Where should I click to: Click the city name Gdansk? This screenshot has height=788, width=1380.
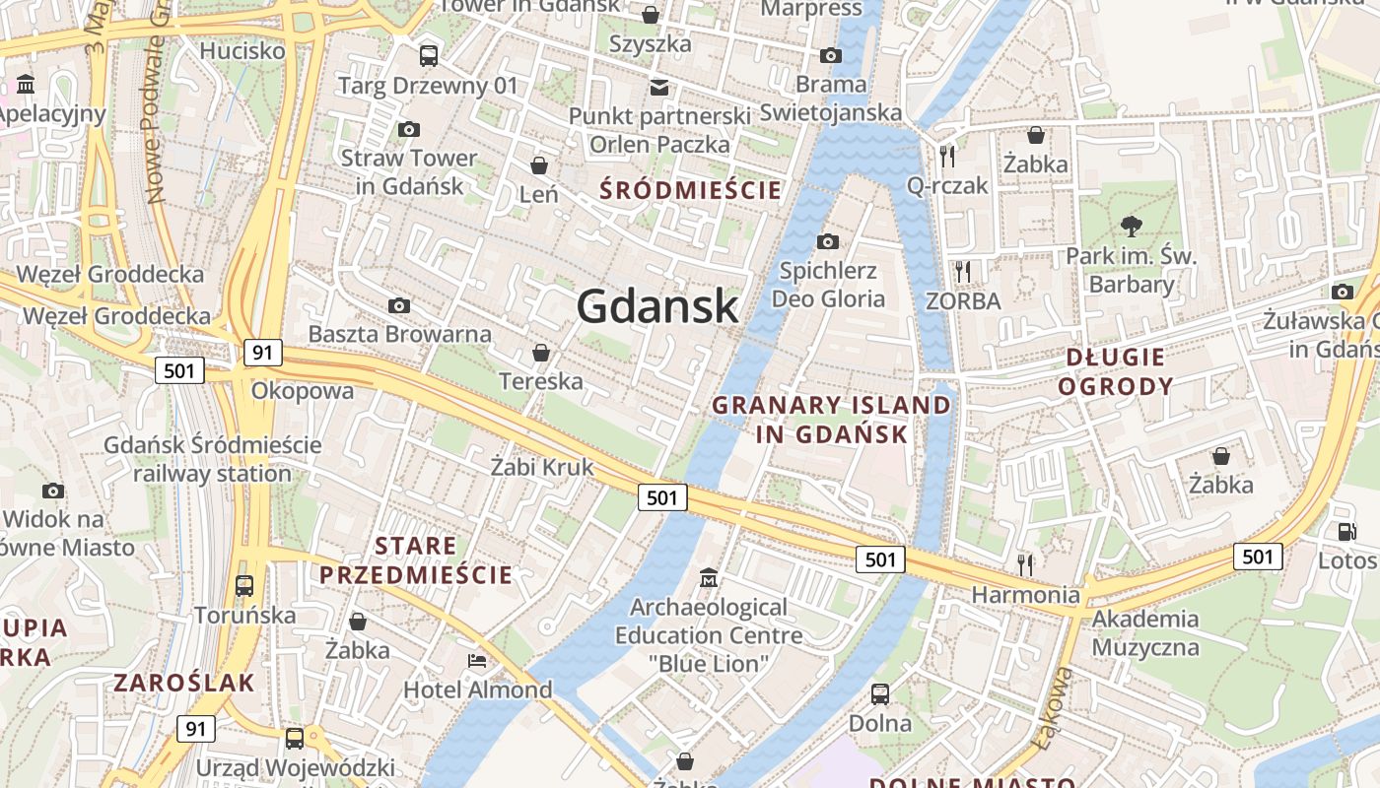(x=657, y=306)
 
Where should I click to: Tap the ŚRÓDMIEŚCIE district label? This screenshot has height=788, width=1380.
(x=690, y=190)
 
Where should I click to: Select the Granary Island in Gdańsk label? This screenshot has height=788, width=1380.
(x=832, y=420)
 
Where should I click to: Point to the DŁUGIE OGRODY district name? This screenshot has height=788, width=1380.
(x=1116, y=371)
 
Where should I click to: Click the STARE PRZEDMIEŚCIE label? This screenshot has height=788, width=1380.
(x=416, y=560)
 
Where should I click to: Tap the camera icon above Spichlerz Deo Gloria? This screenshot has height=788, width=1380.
(x=828, y=241)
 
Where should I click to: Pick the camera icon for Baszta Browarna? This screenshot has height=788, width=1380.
(x=399, y=305)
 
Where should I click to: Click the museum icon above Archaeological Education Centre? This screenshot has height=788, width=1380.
(x=709, y=576)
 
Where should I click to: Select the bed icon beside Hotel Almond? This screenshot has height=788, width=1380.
(x=477, y=659)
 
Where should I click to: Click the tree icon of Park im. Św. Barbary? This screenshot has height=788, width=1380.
(x=1131, y=227)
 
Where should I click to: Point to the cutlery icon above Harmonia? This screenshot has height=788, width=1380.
(x=1025, y=564)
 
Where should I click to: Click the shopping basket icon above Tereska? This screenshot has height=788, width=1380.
(x=540, y=352)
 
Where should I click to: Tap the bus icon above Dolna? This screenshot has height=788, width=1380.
(x=880, y=693)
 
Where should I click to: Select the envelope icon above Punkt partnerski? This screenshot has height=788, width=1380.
(x=658, y=87)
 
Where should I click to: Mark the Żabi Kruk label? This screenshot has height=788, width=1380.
(x=542, y=467)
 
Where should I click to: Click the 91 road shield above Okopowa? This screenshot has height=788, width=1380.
(x=263, y=353)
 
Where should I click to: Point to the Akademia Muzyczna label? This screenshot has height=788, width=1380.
(x=1145, y=633)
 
